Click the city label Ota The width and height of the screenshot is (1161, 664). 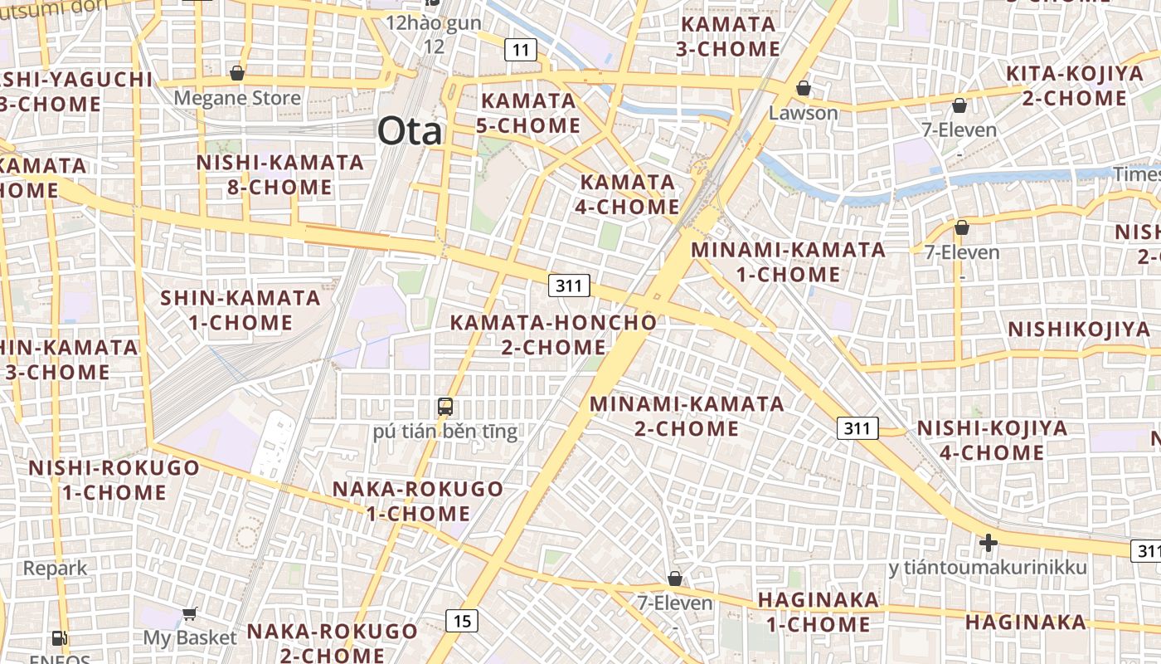[410, 131]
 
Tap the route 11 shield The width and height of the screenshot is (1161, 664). [520, 50]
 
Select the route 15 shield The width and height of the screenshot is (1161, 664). [462, 619]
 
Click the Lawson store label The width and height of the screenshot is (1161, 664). [803, 112]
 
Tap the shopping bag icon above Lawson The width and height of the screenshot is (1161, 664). [803, 88]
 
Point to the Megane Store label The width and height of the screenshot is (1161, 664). [237, 98]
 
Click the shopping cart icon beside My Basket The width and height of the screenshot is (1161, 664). [190, 613]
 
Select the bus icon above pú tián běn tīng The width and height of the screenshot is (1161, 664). [445, 407]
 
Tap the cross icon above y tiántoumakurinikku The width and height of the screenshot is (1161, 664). [988, 543]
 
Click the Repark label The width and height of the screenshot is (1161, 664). [55, 569]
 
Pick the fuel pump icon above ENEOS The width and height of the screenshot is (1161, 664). [60, 638]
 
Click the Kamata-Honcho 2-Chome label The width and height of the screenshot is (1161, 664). [553, 334]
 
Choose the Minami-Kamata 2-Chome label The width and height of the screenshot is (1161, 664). [687, 416]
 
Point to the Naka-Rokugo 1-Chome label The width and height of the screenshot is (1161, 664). [418, 500]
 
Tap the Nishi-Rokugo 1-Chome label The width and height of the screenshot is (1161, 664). [114, 480]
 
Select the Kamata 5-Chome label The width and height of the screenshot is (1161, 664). [528, 113]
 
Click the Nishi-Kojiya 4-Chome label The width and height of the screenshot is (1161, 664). [991, 440]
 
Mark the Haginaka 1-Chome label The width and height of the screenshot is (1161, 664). [818, 611]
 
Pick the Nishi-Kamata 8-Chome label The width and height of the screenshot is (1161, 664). [280, 174]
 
